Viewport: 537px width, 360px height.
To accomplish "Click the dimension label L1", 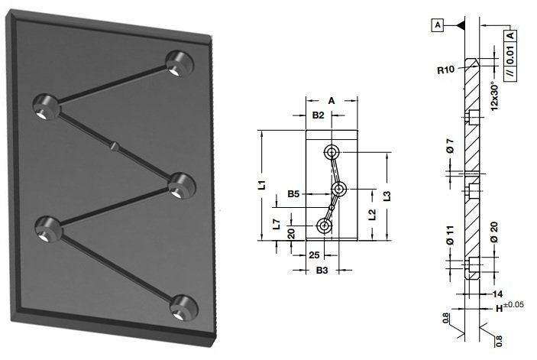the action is [x=262, y=185].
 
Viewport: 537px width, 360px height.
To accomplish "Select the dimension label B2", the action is [x=318, y=115].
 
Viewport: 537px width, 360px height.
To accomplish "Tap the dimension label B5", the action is [x=293, y=194].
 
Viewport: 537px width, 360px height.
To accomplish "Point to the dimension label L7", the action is [x=277, y=225].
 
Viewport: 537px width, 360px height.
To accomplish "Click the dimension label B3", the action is [x=322, y=271].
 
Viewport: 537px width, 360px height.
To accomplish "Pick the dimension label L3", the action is [x=387, y=196].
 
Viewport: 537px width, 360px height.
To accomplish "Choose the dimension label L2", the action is [x=372, y=215].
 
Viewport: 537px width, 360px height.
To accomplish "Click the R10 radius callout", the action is [x=446, y=70].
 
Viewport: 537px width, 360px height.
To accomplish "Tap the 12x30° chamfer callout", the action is [x=494, y=96].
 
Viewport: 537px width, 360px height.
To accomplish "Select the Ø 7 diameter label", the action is [x=450, y=145].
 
